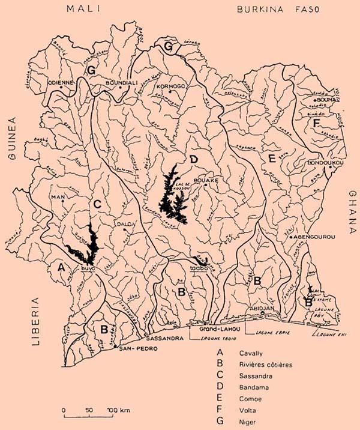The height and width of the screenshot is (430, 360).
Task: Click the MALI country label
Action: (86, 8)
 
